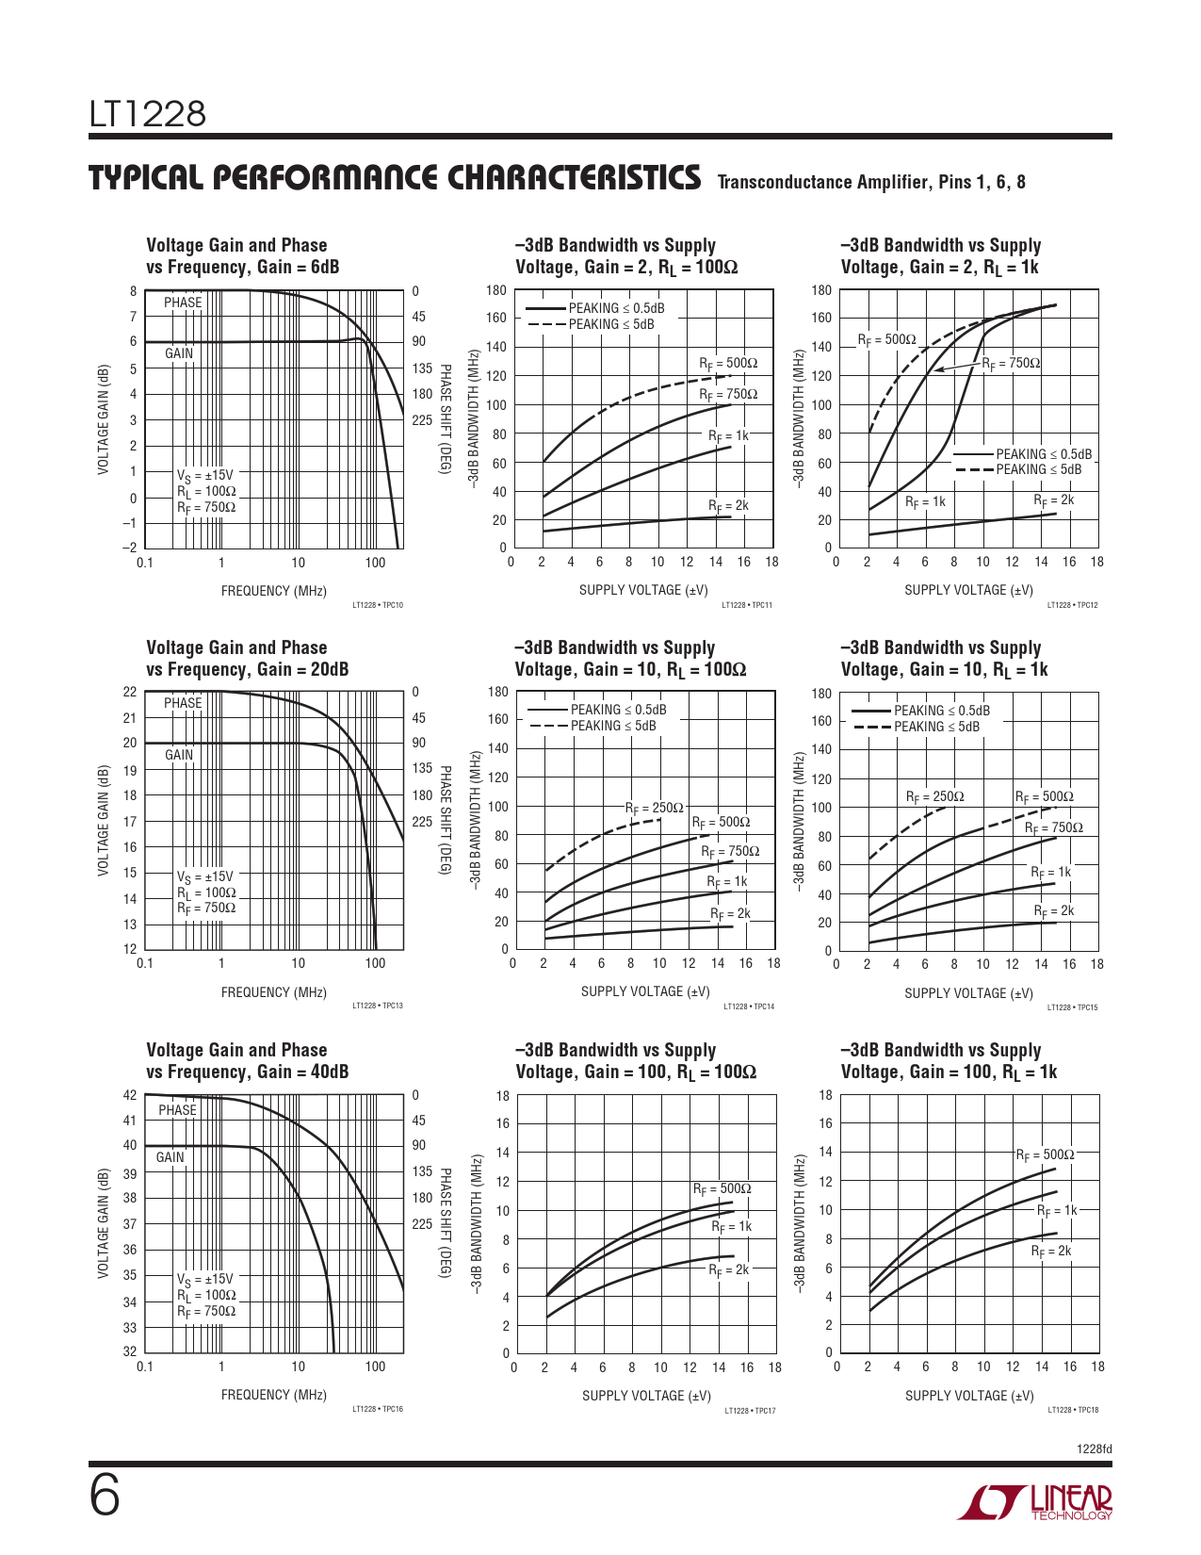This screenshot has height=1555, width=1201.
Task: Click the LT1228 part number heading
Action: tap(148, 114)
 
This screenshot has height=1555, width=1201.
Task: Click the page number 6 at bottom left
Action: tap(105, 1497)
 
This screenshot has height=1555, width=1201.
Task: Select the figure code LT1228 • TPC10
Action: tap(377, 605)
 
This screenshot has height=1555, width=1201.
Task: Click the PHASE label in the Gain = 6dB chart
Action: tap(183, 303)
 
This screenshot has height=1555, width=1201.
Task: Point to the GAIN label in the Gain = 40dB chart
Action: tap(170, 1157)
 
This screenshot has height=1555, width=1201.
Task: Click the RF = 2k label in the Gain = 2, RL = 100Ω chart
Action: tap(728, 506)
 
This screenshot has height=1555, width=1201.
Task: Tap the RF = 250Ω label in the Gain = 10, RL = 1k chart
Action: tap(934, 797)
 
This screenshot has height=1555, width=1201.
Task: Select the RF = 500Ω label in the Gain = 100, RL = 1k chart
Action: tap(1044, 1155)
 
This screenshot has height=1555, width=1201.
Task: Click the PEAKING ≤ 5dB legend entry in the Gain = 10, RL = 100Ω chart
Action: tap(613, 726)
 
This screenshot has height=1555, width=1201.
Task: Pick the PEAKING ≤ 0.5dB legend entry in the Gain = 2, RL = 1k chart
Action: tap(1044, 454)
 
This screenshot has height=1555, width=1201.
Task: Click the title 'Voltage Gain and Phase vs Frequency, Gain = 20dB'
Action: tap(247, 659)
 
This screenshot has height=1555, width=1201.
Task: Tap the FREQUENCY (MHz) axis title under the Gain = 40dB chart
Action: tap(273, 1395)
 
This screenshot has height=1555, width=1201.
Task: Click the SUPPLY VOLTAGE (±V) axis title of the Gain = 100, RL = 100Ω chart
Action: tap(646, 1396)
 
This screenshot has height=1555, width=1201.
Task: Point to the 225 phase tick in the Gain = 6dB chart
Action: tap(421, 420)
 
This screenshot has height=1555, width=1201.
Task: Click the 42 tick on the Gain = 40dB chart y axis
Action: tap(130, 1095)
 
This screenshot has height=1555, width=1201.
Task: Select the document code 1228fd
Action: tap(1094, 1449)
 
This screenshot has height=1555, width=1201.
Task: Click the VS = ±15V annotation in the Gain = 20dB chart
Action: tap(204, 877)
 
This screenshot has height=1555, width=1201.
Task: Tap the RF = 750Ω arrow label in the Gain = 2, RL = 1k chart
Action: tap(1011, 364)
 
